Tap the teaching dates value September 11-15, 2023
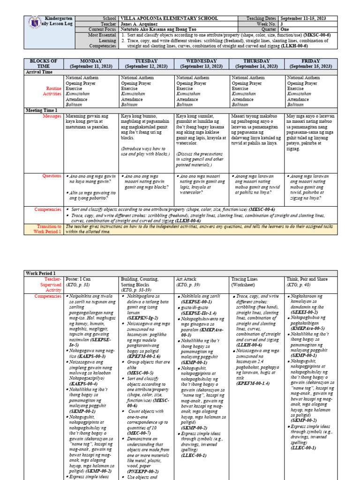coord(312,18)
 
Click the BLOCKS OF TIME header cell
coord(43,64)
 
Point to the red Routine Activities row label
coord(52,91)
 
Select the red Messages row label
coord(52,115)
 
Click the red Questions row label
coord(52,176)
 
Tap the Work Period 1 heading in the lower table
coord(41,273)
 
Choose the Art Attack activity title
coord(188,278)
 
